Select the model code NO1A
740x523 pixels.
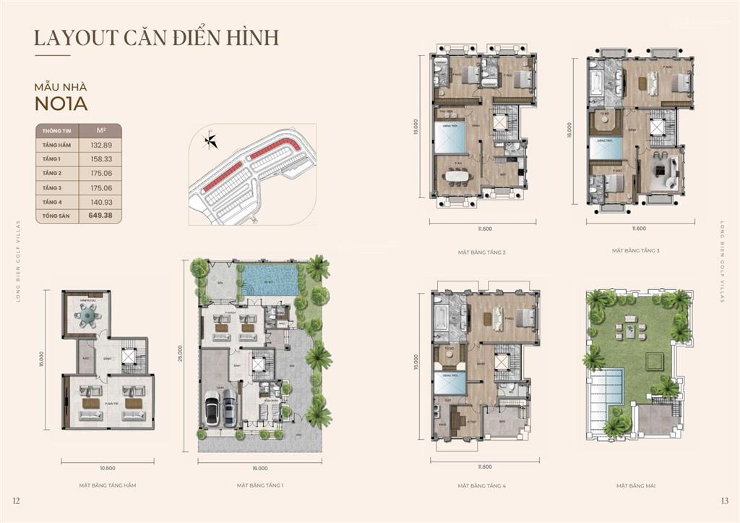(61, 103)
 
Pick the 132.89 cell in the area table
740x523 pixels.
(101, 145)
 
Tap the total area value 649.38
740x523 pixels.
(101, 215)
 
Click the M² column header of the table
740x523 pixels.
(101, 131)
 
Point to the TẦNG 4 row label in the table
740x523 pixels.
(52, 201)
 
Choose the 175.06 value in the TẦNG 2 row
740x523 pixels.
(101, 174)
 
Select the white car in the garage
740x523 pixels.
(214, 409)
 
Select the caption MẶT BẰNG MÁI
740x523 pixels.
(636, 485)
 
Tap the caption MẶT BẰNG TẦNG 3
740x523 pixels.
(636, 250)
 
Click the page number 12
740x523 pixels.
(17, 501)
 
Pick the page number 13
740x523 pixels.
(724, 501)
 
